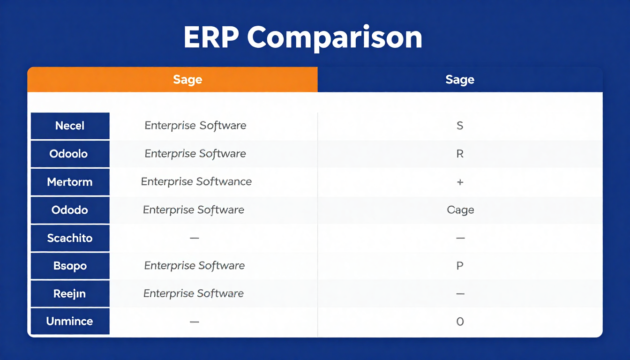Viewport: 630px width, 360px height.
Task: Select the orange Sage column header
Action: pos(187,80)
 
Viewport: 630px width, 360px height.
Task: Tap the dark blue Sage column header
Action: pos(460,80)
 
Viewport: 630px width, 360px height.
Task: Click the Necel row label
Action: pos(70,126)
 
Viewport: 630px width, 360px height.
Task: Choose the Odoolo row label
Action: pos(68,154)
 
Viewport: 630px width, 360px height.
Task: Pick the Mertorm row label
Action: pos(70,182)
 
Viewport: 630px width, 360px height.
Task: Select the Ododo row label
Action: pos(69,210)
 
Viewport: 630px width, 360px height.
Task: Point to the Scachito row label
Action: pos(70,238)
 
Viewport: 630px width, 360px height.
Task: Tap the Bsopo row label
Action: pos(70,266)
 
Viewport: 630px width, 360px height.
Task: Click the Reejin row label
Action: pos(69,294)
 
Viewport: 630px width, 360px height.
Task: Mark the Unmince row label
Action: pos(69,322)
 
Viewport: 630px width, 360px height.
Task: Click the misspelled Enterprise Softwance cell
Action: pos(196,182)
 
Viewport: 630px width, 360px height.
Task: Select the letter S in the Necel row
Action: pos(460,126)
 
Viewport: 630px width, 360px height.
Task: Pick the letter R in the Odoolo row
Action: pos(460,154)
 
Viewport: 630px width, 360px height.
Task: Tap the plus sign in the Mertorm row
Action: pos(460,182)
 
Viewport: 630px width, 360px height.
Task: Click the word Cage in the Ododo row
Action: pos(460,210)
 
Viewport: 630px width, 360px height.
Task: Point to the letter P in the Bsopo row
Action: pos(460,266)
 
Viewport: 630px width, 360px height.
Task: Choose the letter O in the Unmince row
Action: pos(460,322)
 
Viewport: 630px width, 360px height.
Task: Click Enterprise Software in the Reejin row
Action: pos(194,294)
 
